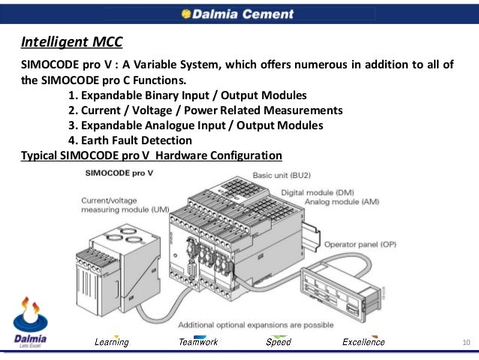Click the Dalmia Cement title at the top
coord(239,13)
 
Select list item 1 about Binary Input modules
coord(187,95)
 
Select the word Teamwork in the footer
coord(198,343)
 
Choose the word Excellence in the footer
coord(363,343)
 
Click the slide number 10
coord(466,343)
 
